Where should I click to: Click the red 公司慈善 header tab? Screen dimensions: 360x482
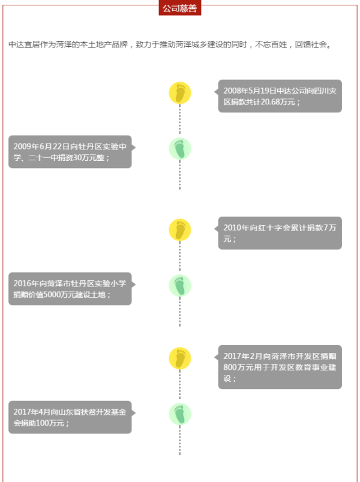(179, 8)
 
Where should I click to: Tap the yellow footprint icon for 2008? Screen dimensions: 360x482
(180, 93)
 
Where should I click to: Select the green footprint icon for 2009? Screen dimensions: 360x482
(180, 149)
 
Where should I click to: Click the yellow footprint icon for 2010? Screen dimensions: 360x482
(180, 230)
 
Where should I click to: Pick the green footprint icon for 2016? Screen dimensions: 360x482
(180, 286)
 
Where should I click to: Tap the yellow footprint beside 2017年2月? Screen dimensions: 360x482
(180, 358)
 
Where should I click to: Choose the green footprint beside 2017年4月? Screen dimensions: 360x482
(180, 414)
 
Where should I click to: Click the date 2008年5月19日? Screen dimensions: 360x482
(250, 91)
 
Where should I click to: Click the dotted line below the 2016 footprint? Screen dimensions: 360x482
(179, 312)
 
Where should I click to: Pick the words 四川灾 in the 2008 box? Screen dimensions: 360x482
(326, 91)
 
